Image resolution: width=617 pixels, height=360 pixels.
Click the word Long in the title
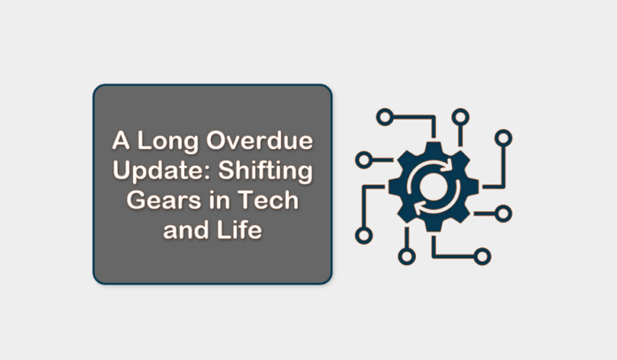pyautogui.click(x=158, y=141)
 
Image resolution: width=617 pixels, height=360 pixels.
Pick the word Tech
pyautogui.click(x=272, y=202)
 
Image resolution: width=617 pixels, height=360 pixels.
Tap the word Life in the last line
pyautogui.click(x=244, y=232)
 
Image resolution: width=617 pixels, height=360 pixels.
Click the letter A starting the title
pyautogui.click(x=120, y=141)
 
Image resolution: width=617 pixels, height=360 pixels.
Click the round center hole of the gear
pyautogui.click(x=433, y=186)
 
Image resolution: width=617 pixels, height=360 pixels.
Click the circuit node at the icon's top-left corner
pyautogui.click(x=384, y=117)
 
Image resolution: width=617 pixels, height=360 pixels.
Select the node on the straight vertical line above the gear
pyautogui.click(x=459, y=117)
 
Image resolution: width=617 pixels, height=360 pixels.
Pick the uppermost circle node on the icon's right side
pyautogui.click(x=503, y=137)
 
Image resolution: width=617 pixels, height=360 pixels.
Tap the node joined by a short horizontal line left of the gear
pyautogui.click(x=363, y=160)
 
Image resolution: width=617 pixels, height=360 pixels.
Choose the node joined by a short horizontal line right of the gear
pyautogui.click(x=503, y=213)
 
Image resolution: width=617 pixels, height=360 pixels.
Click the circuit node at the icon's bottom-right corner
pyautogui.click(x=482, y=256)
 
